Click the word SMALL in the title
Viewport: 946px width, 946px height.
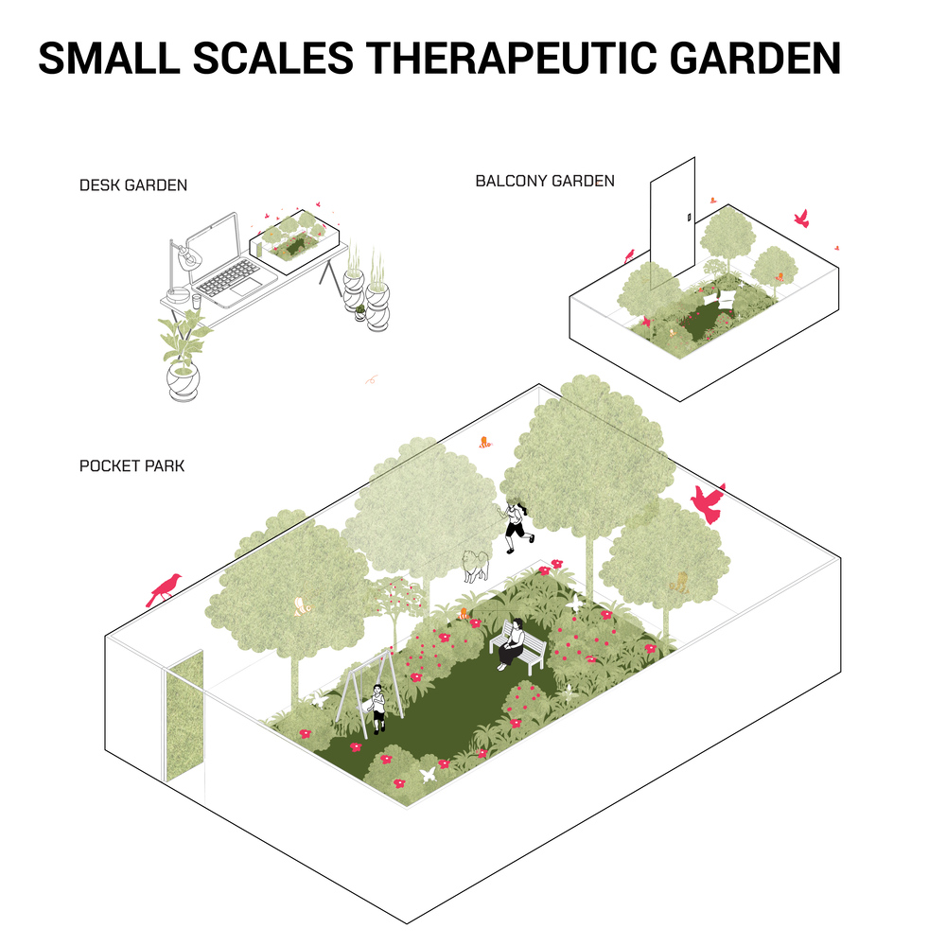(x=109, y=59)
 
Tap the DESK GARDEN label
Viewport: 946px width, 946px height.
(x=133, y=185)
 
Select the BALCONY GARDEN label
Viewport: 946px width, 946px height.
(x=545, y=181)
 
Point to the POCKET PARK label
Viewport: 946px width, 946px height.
(x=131, y=465)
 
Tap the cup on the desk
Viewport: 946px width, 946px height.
(x=196, y=301)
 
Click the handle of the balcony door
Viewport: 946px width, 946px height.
(x=689, y=218)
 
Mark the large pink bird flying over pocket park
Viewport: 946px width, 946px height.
(x=708, y=502)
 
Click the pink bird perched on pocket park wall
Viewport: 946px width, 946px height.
(x=164, y=588)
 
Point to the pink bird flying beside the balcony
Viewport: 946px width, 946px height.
(x=802, y=219)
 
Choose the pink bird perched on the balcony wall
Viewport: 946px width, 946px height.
(x=629, y=255)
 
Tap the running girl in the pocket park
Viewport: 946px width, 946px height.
(x=516, y=527)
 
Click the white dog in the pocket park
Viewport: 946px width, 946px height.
(x=475, y=566)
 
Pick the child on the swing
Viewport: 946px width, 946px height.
(x=377, y=708)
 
